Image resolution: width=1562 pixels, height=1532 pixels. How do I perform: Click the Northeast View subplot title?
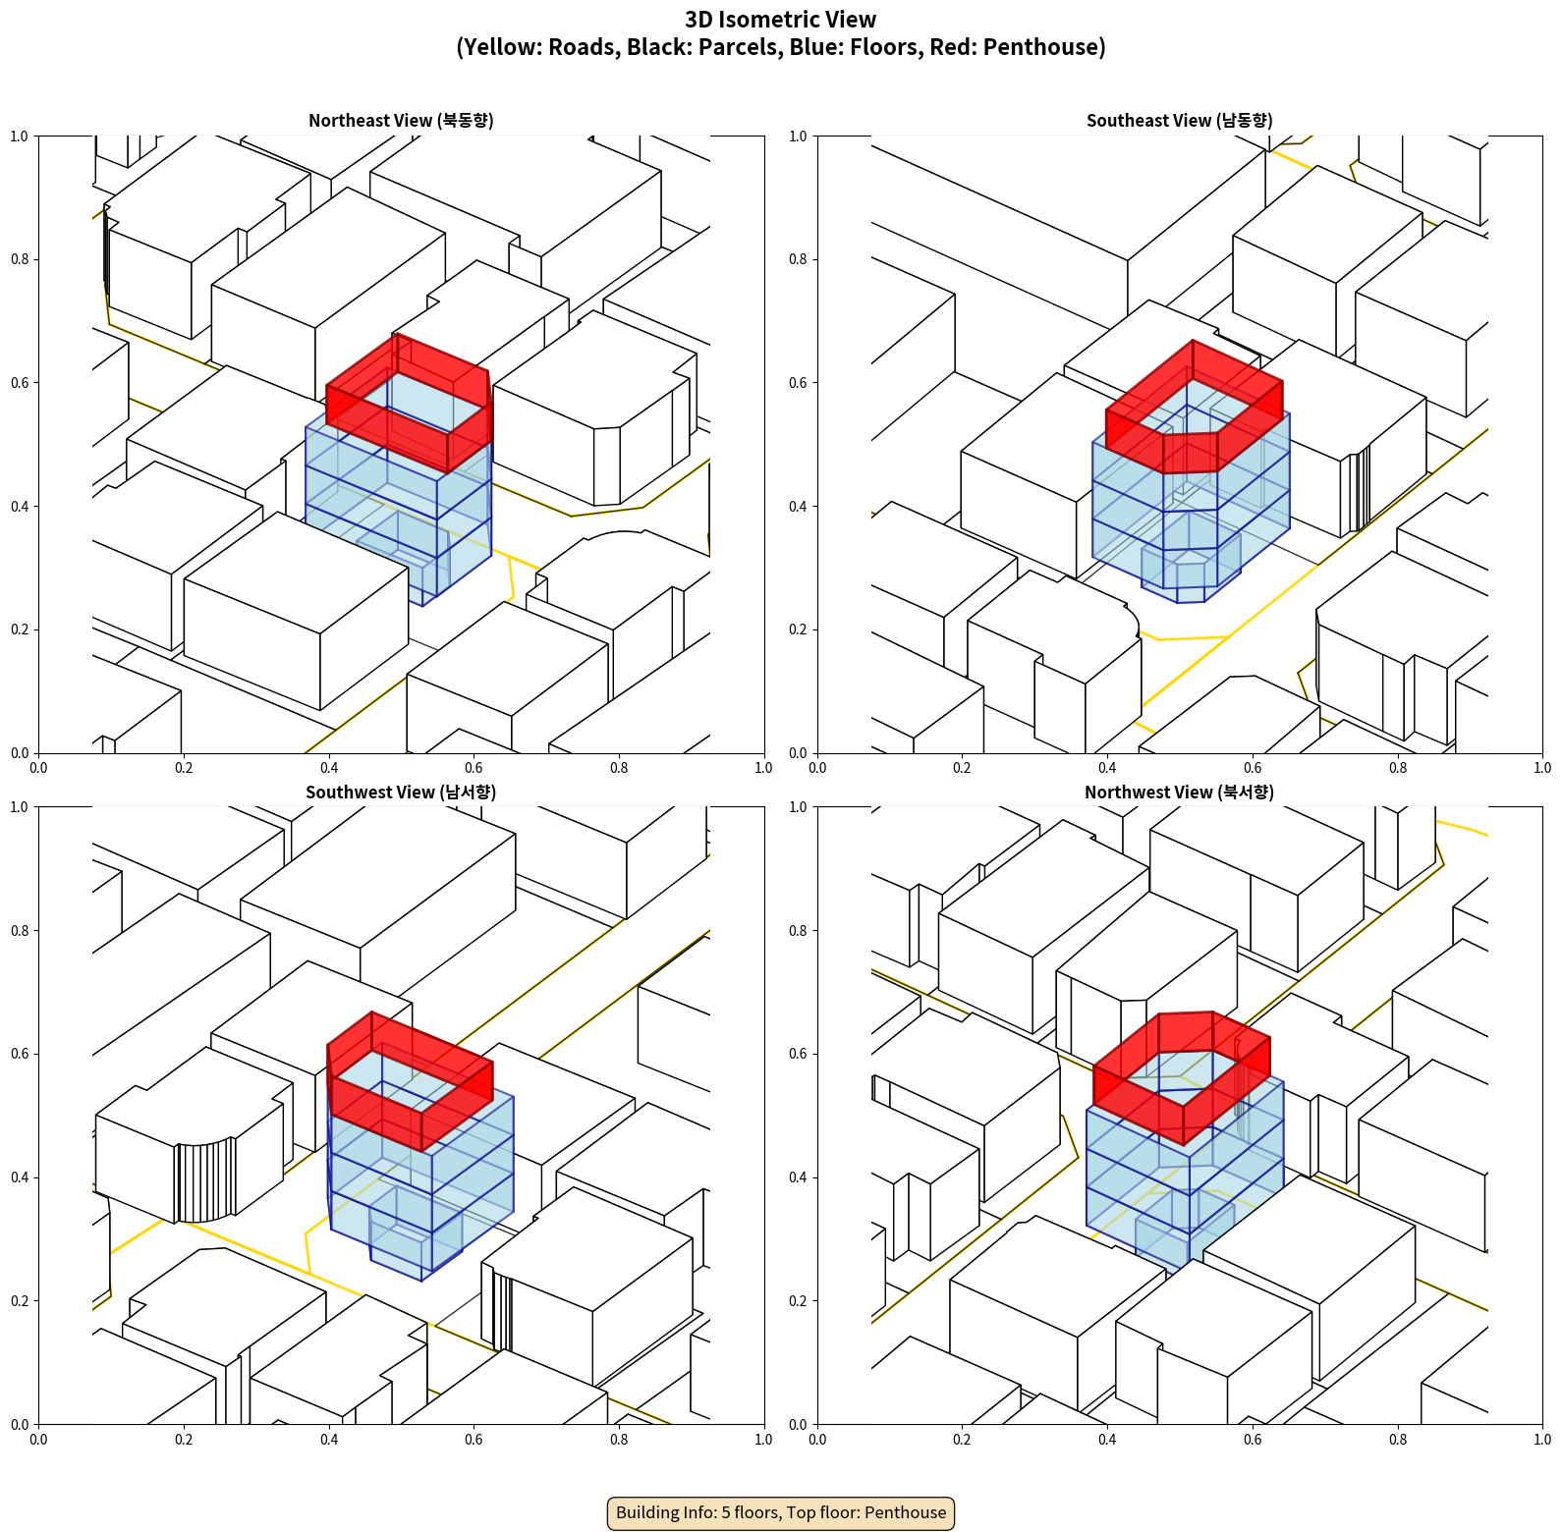point(401,120)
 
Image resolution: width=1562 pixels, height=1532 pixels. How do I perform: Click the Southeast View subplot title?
point(1179,120)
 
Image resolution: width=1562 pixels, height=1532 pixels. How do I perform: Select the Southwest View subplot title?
point(401,792)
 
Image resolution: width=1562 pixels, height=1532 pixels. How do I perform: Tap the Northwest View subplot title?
point(1179,792)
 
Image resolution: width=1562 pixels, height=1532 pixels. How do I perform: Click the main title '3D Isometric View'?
point(780,20)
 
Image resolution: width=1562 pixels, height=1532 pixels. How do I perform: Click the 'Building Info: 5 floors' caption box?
point(781,1512)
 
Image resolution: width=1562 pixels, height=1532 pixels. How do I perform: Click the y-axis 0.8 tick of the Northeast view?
point(20,259)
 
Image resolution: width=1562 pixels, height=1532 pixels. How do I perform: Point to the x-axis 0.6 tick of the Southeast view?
point(1253,768)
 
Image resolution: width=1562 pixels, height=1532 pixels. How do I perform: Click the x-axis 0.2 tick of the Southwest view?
point(184,1440)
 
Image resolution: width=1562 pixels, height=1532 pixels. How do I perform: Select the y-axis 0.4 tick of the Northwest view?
point(799,1177)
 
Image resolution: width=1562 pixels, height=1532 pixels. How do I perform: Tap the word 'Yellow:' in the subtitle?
point(500,47)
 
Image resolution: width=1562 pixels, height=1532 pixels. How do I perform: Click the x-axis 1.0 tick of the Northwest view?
point(1542,1440)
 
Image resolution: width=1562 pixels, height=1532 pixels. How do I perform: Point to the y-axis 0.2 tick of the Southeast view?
point(799,629)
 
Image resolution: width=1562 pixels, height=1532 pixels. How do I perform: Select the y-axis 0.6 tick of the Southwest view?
point(20,1054)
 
